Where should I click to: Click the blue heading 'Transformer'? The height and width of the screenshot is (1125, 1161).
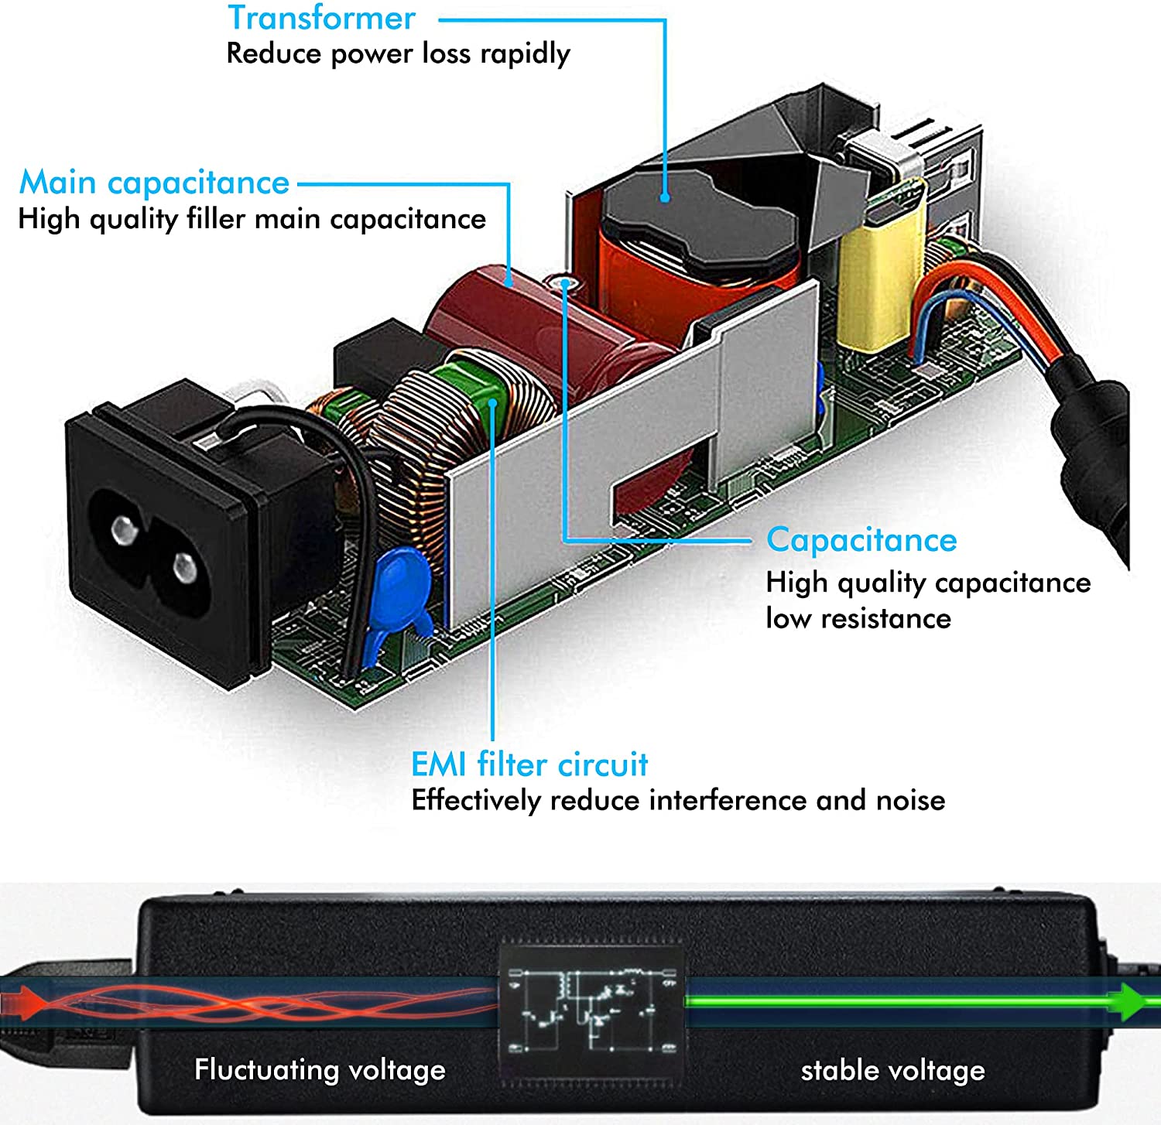[321, 18]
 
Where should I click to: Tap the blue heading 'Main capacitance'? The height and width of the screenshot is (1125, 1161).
[154, 183]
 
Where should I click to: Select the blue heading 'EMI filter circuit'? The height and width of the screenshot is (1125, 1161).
[529, 764]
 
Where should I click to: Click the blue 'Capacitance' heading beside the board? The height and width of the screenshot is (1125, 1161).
[861, 540]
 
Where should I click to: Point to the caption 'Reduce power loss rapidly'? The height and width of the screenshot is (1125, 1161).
[398, 54]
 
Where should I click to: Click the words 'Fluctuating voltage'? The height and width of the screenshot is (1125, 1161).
[320, 1070]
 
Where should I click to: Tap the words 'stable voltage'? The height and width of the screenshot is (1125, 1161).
[892, 1071]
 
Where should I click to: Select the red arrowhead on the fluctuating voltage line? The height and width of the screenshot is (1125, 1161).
[23, 1003]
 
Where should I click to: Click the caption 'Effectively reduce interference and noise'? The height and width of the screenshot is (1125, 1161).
[678, 801]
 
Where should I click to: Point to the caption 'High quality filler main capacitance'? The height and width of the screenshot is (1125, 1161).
[252, 220]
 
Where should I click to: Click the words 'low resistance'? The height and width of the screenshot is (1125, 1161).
[858, 618]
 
